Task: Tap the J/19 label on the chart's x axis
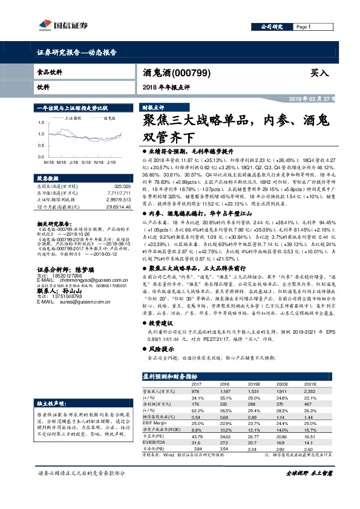(111, 163)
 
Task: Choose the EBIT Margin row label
(155, 424)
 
